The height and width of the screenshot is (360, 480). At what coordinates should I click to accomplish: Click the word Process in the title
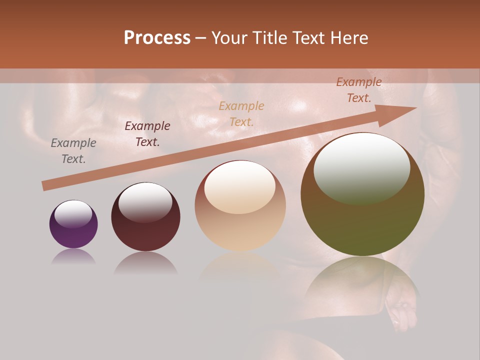coord(157,38)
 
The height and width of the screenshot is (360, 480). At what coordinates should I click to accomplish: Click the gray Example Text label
coord(73,151)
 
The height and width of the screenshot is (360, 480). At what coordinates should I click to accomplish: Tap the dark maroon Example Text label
coord(147,134)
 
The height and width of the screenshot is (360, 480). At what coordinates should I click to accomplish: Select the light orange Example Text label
coord(241,113)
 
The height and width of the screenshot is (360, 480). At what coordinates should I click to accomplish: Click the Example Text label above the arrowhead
coord(358,90)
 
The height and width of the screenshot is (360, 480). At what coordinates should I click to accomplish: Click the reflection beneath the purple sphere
coord(73,256)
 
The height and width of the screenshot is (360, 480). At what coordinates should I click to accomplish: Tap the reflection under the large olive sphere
coord(362,280)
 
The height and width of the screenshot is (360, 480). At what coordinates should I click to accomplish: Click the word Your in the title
coord(230,38)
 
